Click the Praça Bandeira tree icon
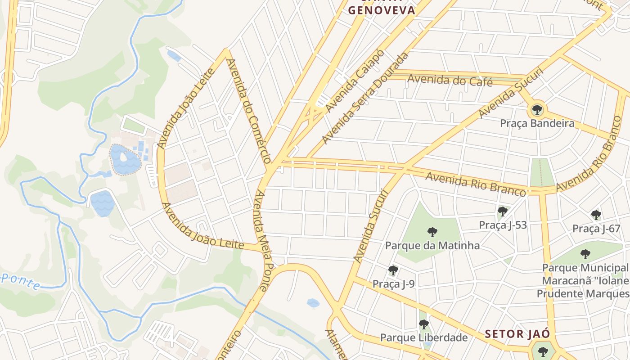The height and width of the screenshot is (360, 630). pyautogui.click(x=537, y=109)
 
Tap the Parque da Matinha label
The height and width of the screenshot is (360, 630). pyautogui.click(x=432, y=246)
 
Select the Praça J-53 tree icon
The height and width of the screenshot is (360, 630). pyautogui.click(x=503, y=211)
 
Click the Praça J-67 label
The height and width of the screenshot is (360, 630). pyautogui.click(x=596, y=229)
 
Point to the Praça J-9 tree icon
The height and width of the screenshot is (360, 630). pyautogui.click(x=393, y=270)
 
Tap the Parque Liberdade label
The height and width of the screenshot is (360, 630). pyautogui.click(x=423, y=337)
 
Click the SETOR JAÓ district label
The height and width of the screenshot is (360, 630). pyautogui.click(x=517, y=334)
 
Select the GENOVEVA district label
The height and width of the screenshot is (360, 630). pyautogui.click(x=382, y=10)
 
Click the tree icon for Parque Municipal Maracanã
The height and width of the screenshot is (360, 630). pyautogui.click(x=585, y=254)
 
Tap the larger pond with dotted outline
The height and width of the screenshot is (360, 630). pyautogui.click(x=125, y=160)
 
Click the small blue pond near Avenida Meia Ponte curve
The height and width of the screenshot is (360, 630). pyautogui.click(x=313, y=303)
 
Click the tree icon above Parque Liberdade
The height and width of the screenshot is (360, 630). pyautogui.click(x=423, y=324)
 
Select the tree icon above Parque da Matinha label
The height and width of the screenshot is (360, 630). pyautogui.click(x=432, y=232)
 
